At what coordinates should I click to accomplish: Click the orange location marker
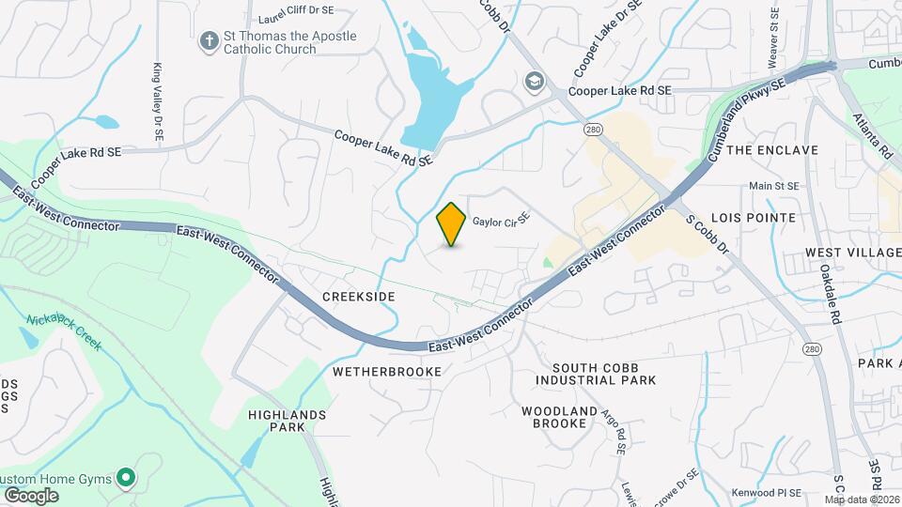point(451,224)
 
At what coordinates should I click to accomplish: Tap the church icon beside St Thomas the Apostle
point(208,41)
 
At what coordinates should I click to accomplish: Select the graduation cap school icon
point(535,83)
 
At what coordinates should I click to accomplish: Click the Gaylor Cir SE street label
point(501,221)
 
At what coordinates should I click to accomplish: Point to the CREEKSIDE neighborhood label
point(358,296)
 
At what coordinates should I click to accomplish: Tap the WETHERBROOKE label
point(387,372)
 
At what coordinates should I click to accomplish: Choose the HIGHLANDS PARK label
point(287,420)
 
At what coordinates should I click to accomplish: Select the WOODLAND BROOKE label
point(560,417)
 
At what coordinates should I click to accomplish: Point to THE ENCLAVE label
point(772,150)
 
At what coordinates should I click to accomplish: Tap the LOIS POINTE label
point(759,217)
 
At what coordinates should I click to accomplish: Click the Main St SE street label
point(773,186)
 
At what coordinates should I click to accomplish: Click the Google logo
point(31,495)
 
